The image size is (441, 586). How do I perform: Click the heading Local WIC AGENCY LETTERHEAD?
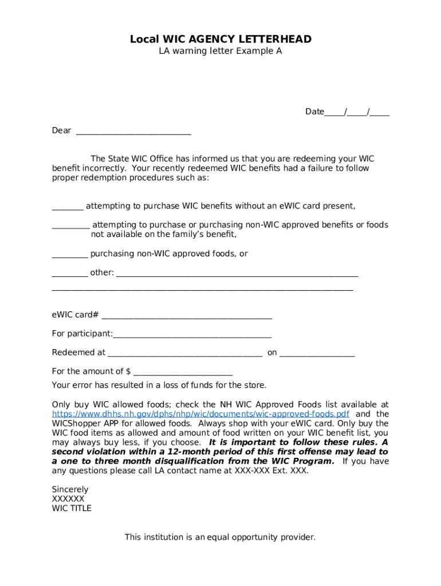coord(220,39)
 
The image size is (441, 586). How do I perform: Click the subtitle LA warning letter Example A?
coord(220,51)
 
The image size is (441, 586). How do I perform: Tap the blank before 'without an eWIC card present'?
coord(68,207)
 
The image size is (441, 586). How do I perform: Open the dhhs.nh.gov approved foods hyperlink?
coord(200,414)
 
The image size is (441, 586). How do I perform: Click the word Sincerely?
coord(70,489)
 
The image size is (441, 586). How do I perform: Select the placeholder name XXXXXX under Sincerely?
coord(68,499)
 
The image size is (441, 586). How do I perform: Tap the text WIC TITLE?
coord(72,508)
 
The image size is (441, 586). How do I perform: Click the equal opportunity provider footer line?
coord(220,537)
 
